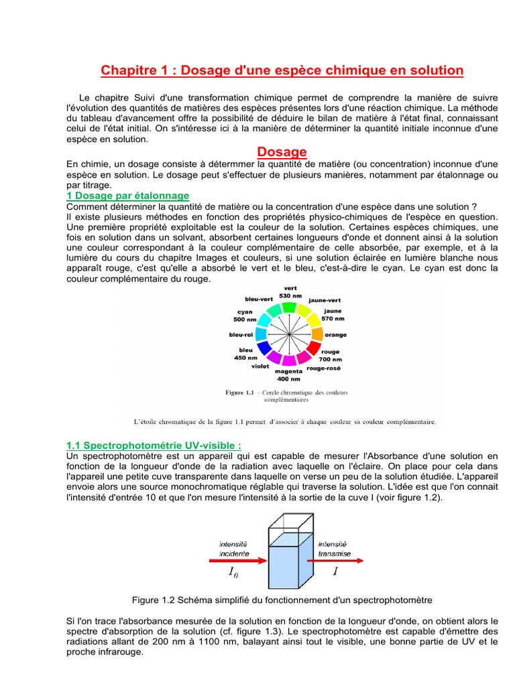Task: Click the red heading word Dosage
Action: pos(282,152)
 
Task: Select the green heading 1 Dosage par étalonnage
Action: pos(127,196)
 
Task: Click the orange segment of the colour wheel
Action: pos(317,334)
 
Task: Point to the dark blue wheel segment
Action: pos(264,347)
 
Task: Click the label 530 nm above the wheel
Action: pos(290,295)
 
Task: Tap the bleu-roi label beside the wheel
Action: pos(241,334)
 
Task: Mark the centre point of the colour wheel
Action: pos(288,333)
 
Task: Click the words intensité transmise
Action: pos(333,549)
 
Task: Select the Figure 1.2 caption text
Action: pos(282,600)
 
